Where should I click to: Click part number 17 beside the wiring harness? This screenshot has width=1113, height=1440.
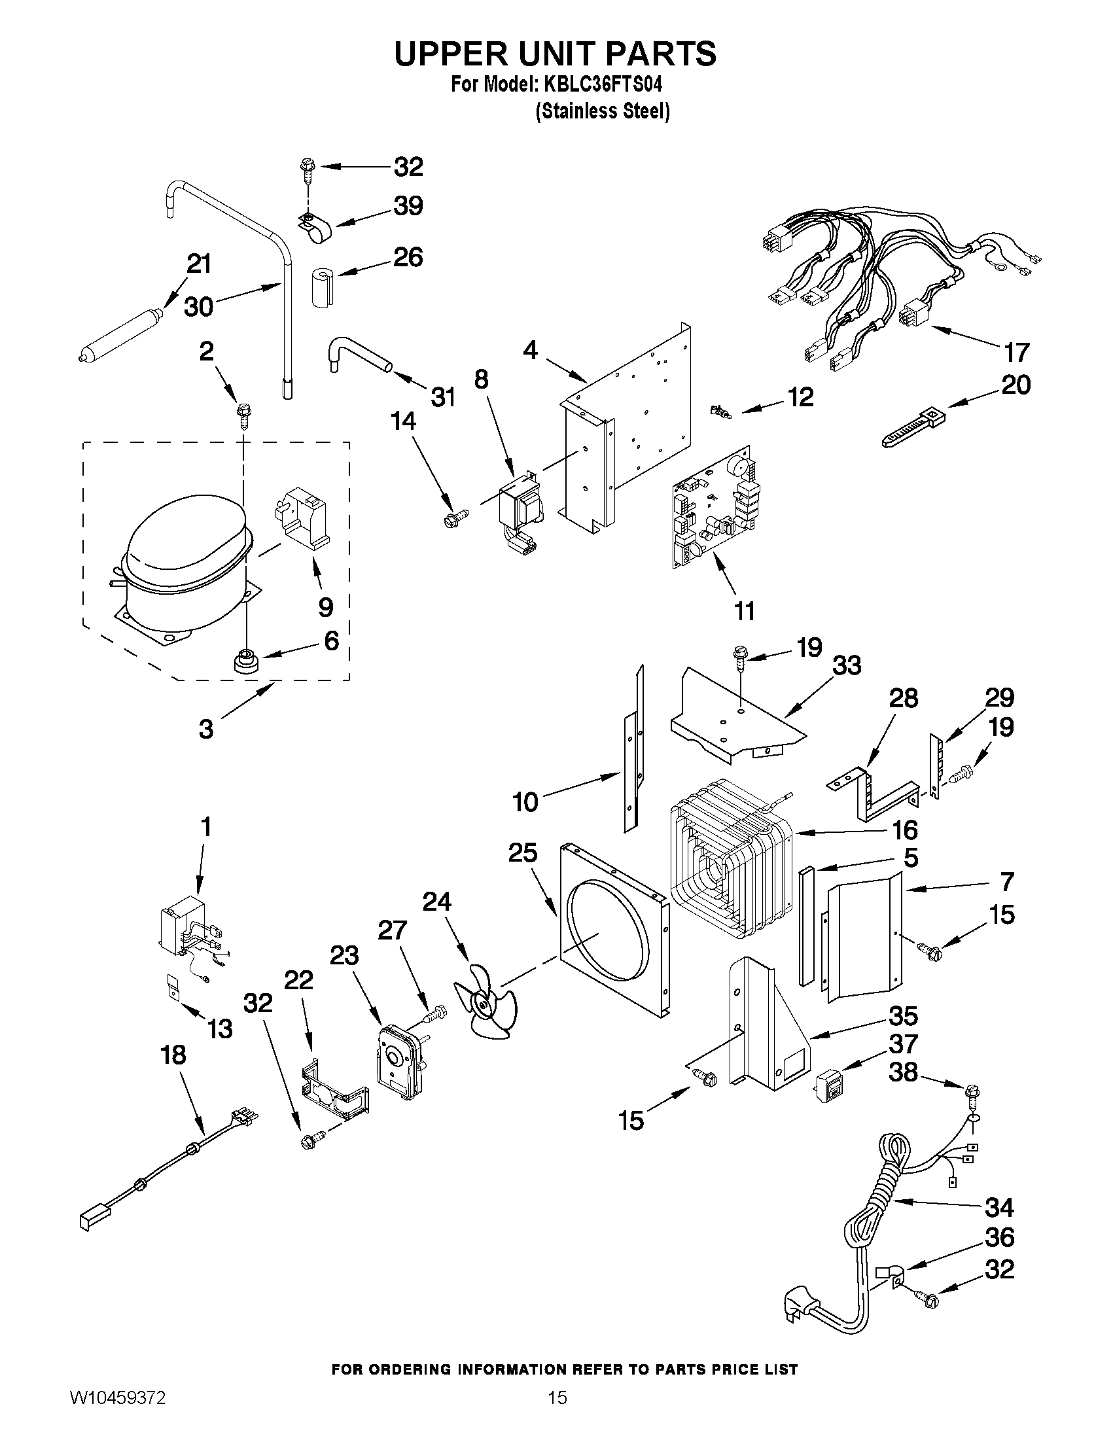click(x=1016, y=353)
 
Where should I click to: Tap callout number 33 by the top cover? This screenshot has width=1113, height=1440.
click(x=847, y=666)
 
